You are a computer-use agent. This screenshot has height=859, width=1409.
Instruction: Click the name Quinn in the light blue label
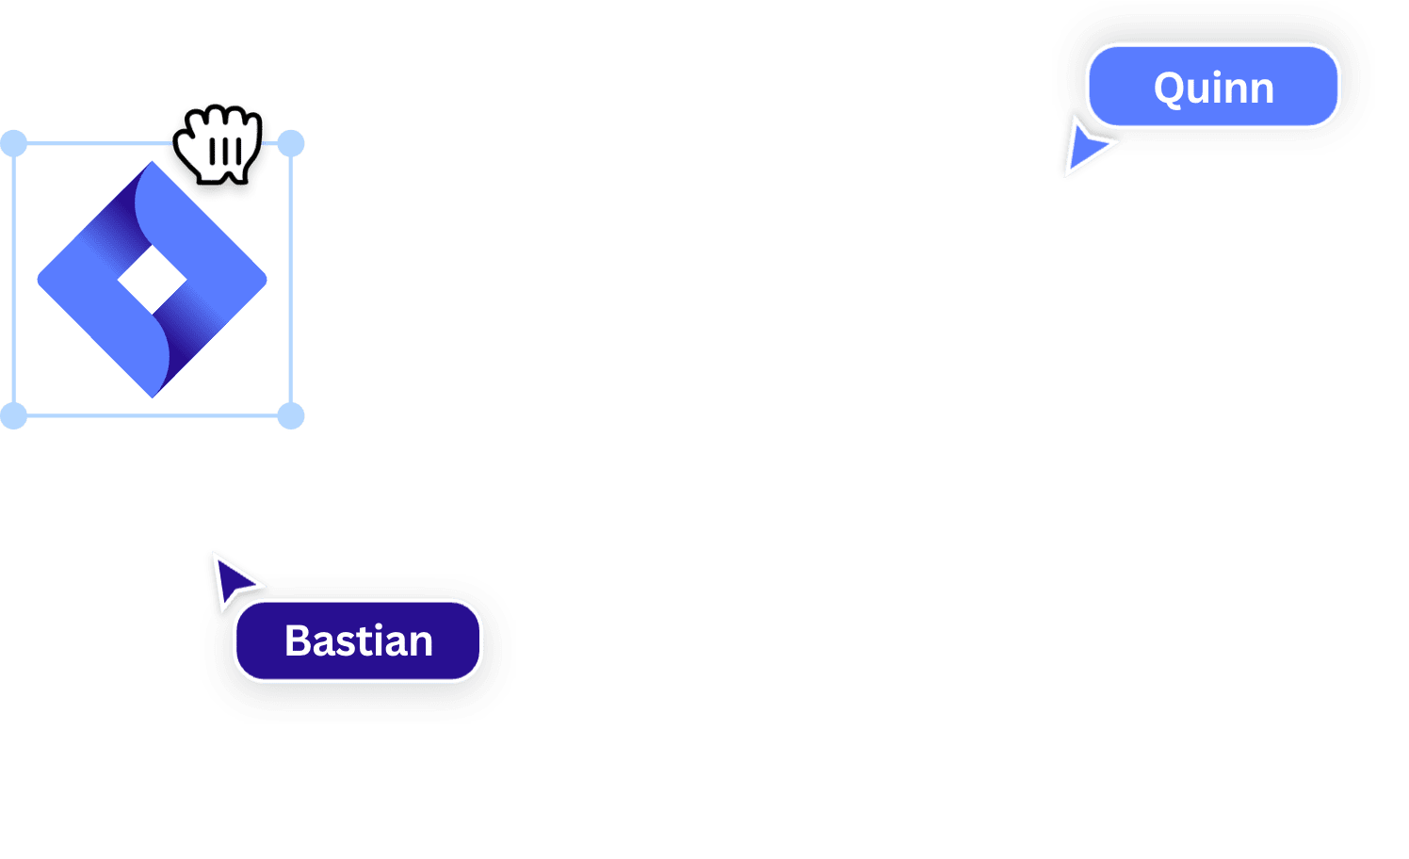(x=1213, y=89)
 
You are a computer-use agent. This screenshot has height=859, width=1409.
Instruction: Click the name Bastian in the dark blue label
(x=359, y=641)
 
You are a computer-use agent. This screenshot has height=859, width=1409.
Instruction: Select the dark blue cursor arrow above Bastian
(x=230, y=577)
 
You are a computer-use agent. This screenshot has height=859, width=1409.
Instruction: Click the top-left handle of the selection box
(x=14, y=144)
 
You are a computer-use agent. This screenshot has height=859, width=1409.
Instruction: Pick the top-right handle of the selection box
(x=291, y=144)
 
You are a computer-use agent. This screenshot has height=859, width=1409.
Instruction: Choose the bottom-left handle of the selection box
(x=14, y=415)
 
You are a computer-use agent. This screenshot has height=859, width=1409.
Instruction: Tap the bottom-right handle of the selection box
(x=291, y=415)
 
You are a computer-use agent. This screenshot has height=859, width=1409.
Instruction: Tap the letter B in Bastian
(x=300, y=641)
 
